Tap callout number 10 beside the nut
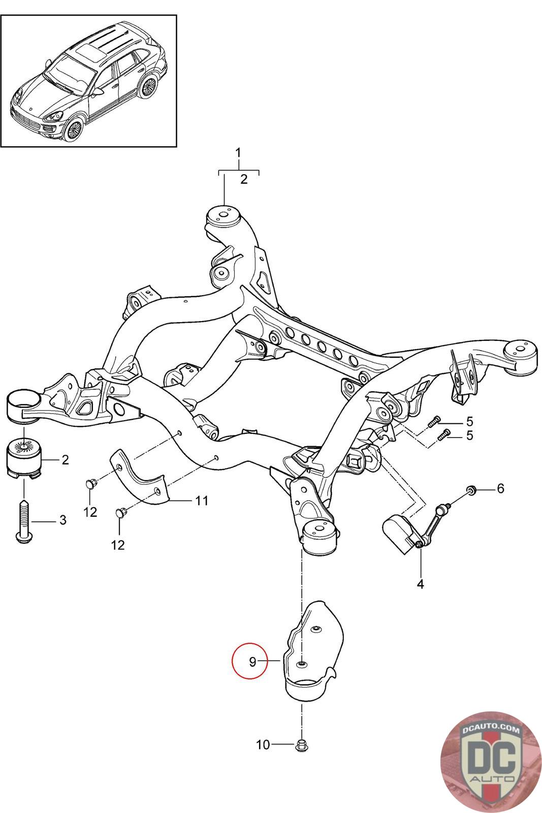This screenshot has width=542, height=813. click(x=263, y=745)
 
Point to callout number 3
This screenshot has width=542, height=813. click(x=63, y=520)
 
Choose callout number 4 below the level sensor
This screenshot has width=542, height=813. click(x=420, y=584)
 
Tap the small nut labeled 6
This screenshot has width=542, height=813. click(x=471, y=490)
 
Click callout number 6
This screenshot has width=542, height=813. click(x=500, y=488)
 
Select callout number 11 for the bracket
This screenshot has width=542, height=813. click(x=202, y=501)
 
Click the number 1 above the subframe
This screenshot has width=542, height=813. click(x=239, y=152)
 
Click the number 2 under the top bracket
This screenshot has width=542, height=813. click(x=244, y=179)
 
